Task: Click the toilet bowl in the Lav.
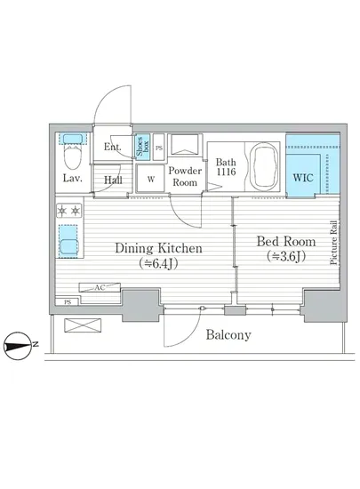[72, 157]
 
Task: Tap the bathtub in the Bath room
[266, 166]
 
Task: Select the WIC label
[302, 178]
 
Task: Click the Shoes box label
[143, 147]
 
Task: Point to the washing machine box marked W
[150, 179]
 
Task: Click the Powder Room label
[185, 177]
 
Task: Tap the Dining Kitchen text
[158, 248]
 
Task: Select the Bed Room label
[286, 242]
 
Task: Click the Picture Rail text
[334, 243]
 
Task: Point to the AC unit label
[100, 287]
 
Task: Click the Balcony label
[228, 335]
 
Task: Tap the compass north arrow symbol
[19, 346]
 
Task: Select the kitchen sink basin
[68, 247]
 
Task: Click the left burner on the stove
[62, 211]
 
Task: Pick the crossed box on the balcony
[83, 325]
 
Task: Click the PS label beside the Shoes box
[159, 148]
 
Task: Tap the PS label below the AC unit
[68, 302]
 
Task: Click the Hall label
[113, 180]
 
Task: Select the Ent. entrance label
[113, 147]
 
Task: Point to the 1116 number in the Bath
[227, 172]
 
